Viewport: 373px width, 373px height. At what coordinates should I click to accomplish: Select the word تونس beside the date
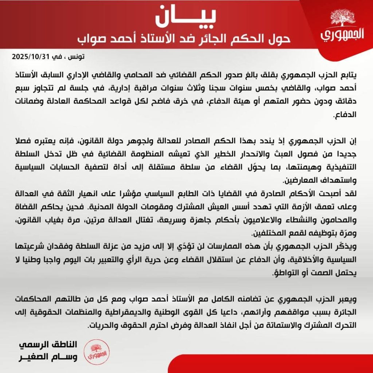point(76,57)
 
